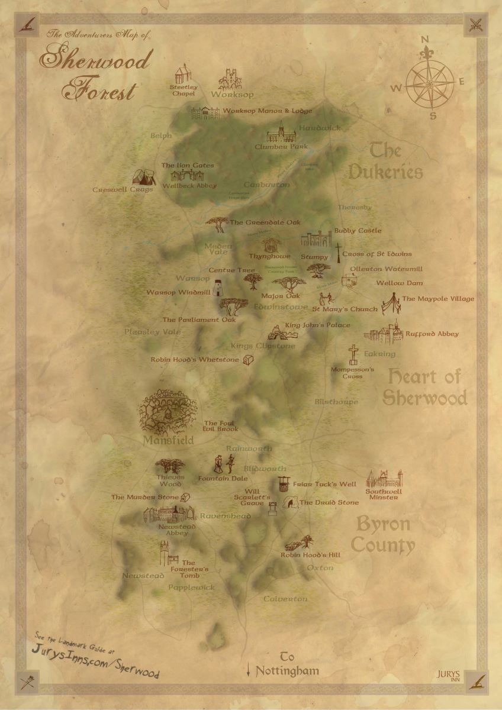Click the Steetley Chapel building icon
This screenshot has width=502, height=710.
click(183, 75)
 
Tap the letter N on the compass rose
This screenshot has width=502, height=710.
click(424, 40)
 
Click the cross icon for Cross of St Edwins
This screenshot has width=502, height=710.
click(339, 253)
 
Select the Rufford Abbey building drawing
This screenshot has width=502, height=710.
click(383, 333)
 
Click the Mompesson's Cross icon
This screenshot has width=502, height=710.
click(353, 354)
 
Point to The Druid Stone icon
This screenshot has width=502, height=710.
click(291, 502)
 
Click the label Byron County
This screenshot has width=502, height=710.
click(384, 535)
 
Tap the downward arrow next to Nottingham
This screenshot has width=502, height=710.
click(249, 670)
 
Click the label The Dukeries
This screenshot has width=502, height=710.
click(385, 161)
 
